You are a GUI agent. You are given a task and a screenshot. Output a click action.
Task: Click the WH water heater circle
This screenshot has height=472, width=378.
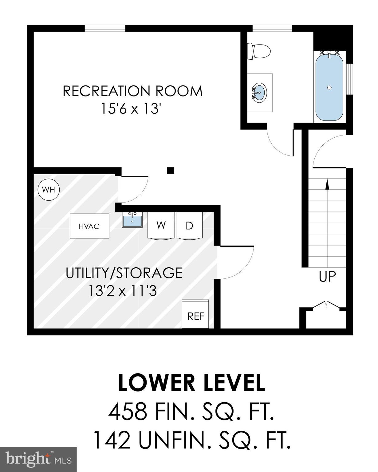tap(49, 190)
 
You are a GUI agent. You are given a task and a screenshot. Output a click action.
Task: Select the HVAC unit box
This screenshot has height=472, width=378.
tap(89, 226)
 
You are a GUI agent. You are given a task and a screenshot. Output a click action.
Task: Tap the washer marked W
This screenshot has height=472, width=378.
tap(161, 225)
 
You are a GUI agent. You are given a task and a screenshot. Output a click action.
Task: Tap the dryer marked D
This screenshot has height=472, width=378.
tap(189, 226)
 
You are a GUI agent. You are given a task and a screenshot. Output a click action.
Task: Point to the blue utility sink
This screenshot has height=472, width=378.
tap(132, 220)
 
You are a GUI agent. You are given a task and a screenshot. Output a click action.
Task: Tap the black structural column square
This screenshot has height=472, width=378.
tap(170, 170)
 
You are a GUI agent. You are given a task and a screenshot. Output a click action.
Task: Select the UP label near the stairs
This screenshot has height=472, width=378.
tap(327, 277)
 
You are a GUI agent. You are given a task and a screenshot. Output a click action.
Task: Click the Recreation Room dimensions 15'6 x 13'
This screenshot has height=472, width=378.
tap(132, 108)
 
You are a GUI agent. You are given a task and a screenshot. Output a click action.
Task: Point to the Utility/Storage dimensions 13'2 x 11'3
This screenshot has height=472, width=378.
tap(123, 290)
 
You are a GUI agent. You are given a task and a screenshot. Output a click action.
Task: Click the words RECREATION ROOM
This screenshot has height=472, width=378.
tap(133, 91)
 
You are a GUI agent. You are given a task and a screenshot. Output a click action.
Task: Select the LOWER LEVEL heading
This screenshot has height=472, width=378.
tap(191, 383)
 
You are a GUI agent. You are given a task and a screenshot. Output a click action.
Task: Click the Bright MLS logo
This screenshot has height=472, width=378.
tap(38, 459)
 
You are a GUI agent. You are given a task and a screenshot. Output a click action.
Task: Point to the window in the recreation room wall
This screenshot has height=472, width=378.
tap(105, 28)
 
